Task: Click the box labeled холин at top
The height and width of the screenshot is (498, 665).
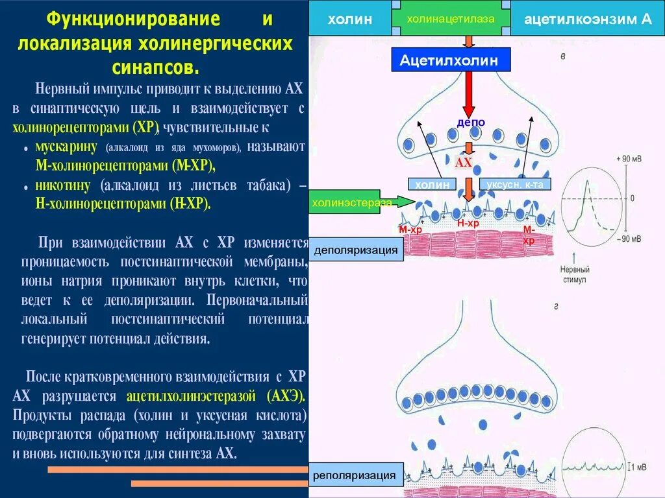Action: click(349, 19)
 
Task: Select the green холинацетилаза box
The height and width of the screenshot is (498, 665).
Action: click(450, 19)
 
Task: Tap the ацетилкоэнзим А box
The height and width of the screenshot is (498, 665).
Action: click(588, 19)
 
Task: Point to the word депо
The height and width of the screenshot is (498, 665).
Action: click(471, 123)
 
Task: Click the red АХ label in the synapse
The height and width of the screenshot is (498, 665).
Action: click(464, 163)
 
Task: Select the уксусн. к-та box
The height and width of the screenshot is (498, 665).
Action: click(515, 185)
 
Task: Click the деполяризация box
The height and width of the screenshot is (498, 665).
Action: click(356, 250)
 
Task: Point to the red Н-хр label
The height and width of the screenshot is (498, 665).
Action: click(468, 223)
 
